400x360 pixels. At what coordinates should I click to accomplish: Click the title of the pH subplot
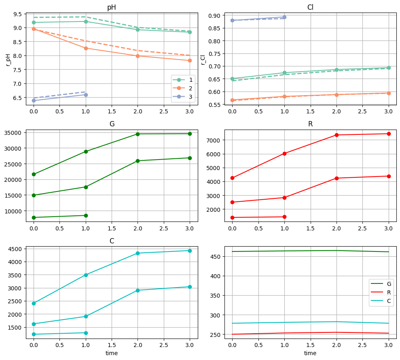click(x=112, y=8)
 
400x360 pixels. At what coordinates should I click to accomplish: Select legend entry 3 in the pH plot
click(x=185, y=97)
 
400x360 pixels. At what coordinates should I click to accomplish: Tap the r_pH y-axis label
click(x=8, y=57)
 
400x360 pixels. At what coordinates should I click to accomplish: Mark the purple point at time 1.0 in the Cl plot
click(x=284, y=17)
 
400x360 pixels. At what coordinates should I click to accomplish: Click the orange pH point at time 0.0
click(x=34, y=29)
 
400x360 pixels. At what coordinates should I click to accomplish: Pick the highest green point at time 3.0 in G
click(x=190, y=134)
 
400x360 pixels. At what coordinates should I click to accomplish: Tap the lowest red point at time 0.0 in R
click(x=232, y=217)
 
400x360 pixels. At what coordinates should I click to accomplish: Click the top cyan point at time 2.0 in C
click(x=138, y=253)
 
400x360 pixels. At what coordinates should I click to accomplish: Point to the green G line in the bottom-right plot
click(x=310, y=251)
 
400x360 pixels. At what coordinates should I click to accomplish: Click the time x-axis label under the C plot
click(x=112, y=353)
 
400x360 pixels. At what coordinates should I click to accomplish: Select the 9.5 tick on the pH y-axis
click(x=17, y=14)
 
